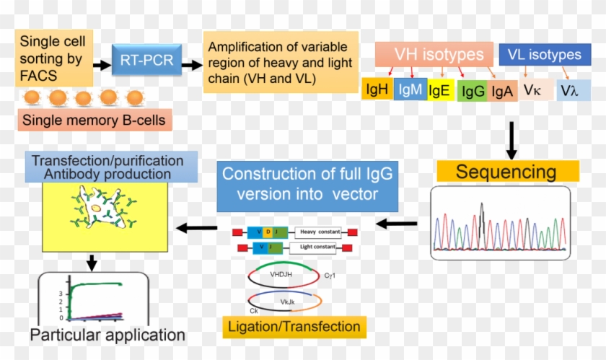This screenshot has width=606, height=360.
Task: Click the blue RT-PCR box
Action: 147,61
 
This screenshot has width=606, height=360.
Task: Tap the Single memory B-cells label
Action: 96,120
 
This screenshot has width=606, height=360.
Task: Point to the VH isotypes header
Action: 433,54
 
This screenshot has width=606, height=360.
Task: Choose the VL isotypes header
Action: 545,55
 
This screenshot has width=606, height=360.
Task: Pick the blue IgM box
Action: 410,90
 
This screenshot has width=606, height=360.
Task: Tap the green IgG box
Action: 472,92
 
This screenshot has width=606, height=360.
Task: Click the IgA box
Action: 502,92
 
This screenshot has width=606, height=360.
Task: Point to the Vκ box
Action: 535,90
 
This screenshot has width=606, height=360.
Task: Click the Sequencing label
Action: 506,172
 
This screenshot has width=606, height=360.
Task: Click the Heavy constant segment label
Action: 317,232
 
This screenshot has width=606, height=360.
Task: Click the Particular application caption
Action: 107,335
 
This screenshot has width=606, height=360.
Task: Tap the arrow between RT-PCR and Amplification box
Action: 192,64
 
